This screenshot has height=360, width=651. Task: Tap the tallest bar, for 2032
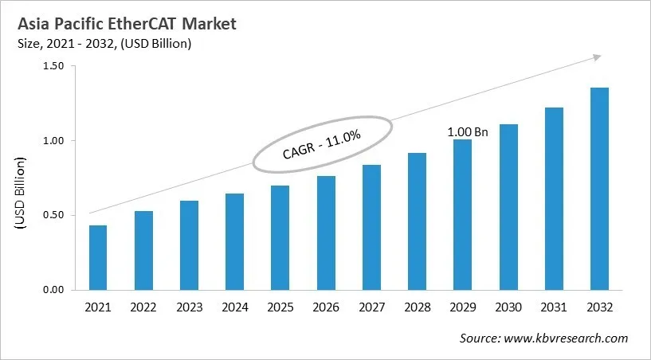(x=599, y=189)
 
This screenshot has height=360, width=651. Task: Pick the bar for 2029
(x=462, y=214)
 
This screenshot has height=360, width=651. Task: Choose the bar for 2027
(x=371, y=227)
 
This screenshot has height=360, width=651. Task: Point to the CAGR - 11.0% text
(x=322, y=144)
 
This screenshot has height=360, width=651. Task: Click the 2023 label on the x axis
(x=189, y=307)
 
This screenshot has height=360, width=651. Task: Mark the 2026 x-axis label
(x=325, y=307)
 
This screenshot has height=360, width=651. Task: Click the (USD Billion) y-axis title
(x=21, y=194)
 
